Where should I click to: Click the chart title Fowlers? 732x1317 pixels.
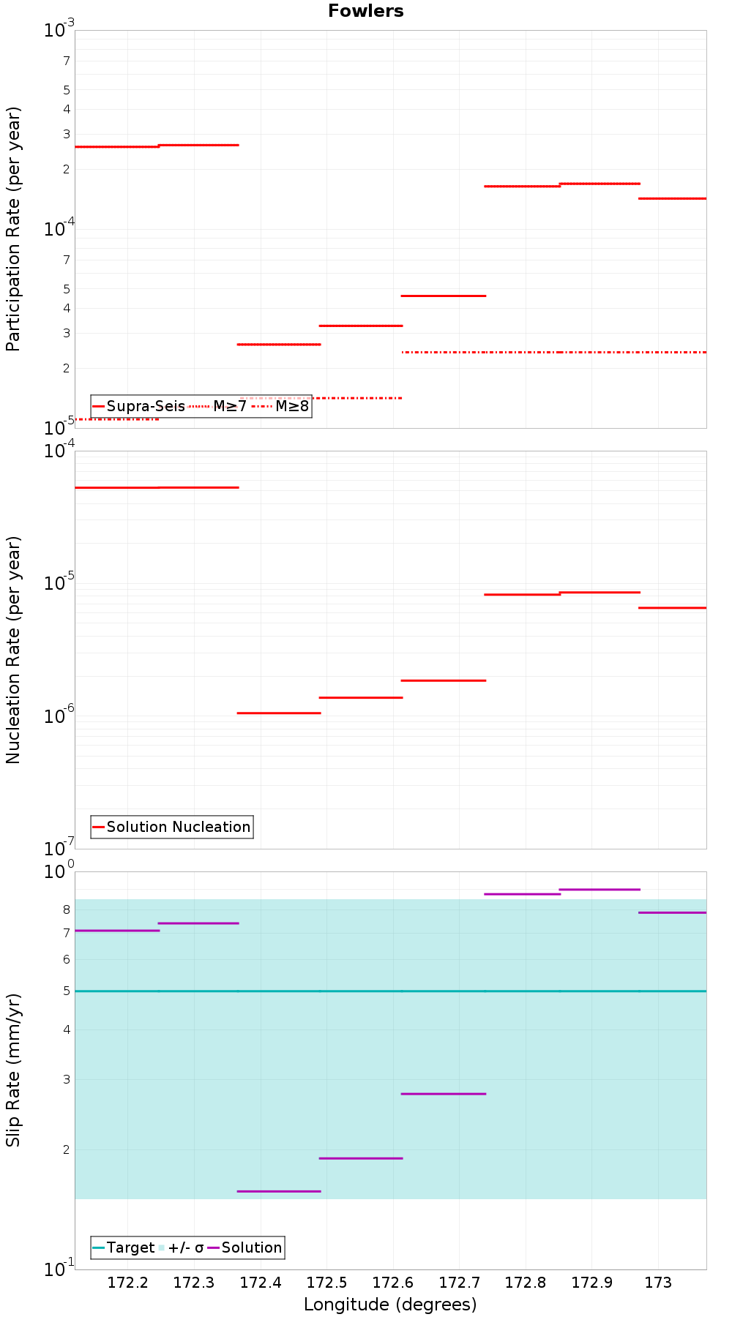(x=366, y=11)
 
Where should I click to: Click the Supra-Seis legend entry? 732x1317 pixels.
(x=138, y=406)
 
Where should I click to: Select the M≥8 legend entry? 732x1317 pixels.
(x=280, y=406)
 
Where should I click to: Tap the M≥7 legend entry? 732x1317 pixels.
(x=218, y=406)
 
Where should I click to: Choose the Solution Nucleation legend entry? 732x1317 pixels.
(x=171, y=827)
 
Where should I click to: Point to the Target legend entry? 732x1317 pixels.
(x=123, y=1247)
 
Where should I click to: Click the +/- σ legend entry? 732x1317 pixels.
(x=181, y=1247)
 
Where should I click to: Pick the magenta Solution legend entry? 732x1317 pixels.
(x=244, y=1247)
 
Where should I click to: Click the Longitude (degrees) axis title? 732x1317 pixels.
(x=390, y=1305)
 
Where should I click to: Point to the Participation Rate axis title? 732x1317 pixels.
(x=13, y=229)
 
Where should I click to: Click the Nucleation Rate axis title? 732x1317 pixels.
(x=13, y=650)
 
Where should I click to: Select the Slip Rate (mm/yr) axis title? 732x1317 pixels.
(x=13, y=1070)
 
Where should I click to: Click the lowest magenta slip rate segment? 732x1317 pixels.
(x=279, y=1191)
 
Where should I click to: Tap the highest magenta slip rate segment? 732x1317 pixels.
(x=600, y=889)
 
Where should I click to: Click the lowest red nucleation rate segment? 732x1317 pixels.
(x=279, y=713)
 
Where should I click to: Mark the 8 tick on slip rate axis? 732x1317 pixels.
(x=67, y=909)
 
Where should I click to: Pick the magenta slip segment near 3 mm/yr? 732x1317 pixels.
(x=444, y=1094)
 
